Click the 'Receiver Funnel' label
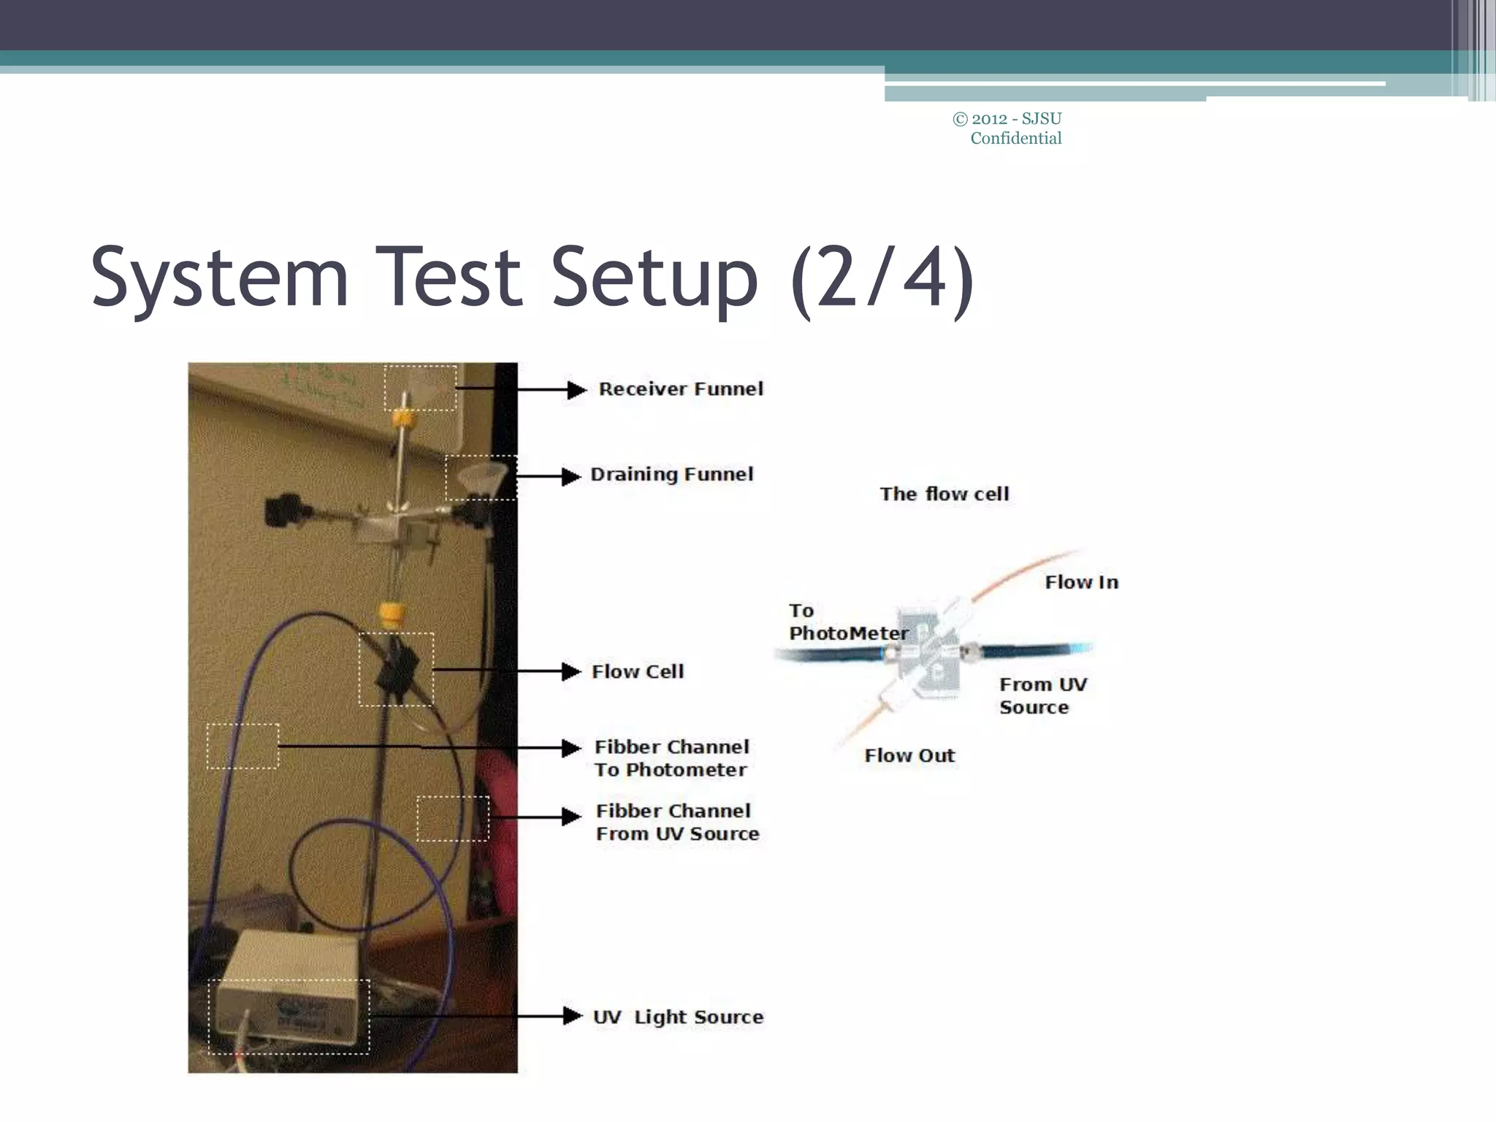click(681, 389)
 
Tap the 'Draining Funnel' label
click(671, 475)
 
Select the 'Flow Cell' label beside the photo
click(638, 671)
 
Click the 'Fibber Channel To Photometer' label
click(671, 758)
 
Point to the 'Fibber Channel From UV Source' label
click(677, 823)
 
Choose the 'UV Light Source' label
click(678, 1017)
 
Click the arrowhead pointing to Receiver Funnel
click(576, 390)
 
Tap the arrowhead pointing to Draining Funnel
click(571, 476)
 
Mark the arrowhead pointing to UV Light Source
click(573, 1016)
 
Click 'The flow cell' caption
click(944, 494)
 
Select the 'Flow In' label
click(1081, 582)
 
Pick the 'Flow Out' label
click(909, 755)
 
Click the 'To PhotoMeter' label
click(847, 622)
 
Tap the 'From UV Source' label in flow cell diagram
click(1042, 695)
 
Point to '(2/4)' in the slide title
click(882, 279)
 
